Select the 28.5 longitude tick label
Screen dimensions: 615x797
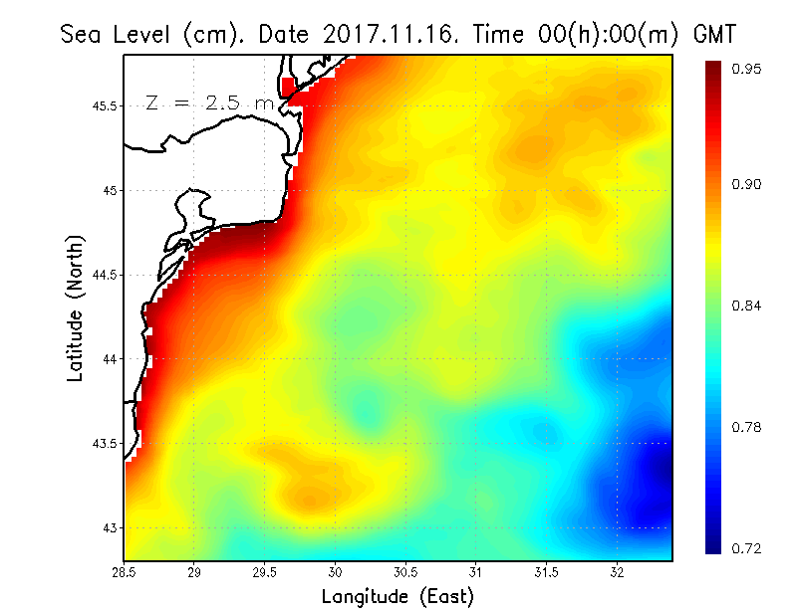125,572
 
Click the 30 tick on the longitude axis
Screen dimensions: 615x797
336,572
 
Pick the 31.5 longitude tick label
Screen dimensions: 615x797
547,572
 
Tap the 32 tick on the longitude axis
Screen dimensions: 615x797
618,572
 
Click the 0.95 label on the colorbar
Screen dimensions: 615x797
747,69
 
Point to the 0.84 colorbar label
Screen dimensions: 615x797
747,306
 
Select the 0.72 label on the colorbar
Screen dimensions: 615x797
747,548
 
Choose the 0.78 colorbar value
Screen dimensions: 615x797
747,427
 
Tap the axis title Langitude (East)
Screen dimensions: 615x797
398,596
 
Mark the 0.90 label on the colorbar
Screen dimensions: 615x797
747,184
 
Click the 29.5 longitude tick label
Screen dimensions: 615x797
265,572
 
